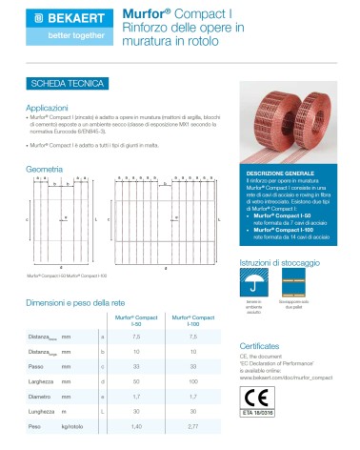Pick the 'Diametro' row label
click(41, 394)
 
